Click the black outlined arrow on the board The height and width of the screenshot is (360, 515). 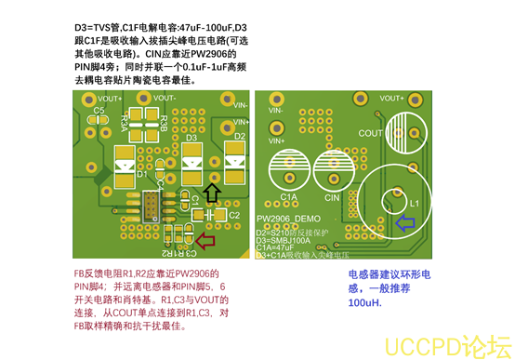(213, 193)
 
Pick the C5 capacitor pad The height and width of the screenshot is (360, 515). (98, 121)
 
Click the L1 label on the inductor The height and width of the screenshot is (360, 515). (415, 202)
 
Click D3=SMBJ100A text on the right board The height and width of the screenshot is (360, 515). (291, 239)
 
